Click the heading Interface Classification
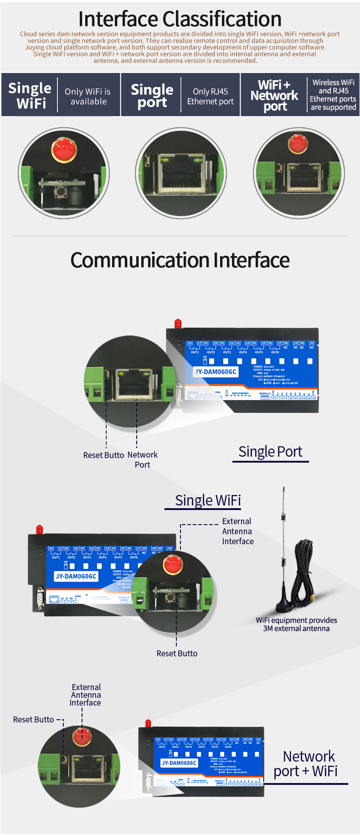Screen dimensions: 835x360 (x=180, y=19)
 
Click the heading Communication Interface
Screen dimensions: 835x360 (x=180, y=260)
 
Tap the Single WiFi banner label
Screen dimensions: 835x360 (x=30, y=95)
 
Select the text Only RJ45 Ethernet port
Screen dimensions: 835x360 (x=210, y=97)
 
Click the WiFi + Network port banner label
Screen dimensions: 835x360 (x=274, y=95)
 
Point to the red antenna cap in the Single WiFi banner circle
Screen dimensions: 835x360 (x=63, y=148)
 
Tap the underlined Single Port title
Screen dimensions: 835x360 (x=270, y=452)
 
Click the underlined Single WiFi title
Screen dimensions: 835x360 (x=208, y=500)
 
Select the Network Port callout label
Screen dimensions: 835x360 (x=142, y=459)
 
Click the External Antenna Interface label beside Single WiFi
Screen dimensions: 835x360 (x=237, y=531)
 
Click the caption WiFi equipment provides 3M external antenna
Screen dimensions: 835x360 (x=296, y=624)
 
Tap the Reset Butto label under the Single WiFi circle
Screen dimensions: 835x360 (x=177, y=653)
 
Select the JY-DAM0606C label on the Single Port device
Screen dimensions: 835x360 (x=216, y=371)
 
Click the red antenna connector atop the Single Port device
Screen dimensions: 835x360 (x=178, y=323)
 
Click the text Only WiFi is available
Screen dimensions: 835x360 (x=88, y=97)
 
